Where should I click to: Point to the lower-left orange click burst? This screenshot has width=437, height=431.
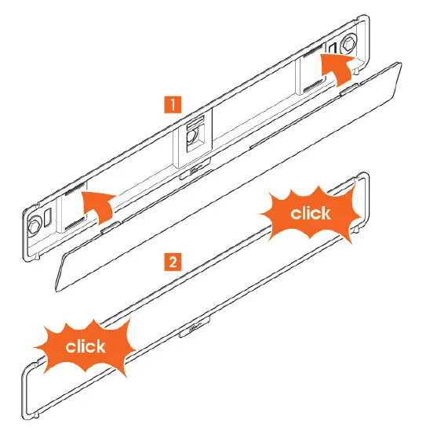point(86,346)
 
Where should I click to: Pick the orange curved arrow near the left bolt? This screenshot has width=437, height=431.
point(99,205)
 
